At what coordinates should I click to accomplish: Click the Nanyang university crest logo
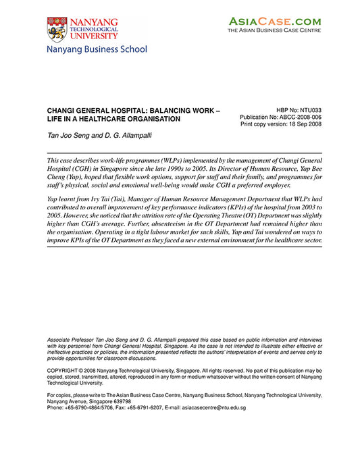[57, 30]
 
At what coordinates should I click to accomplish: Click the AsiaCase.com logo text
[274, 22]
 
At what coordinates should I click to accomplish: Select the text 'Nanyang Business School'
[97, 49]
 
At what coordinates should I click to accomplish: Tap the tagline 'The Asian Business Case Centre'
[274, 31]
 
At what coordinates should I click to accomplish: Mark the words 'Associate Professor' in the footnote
[72, 337]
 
